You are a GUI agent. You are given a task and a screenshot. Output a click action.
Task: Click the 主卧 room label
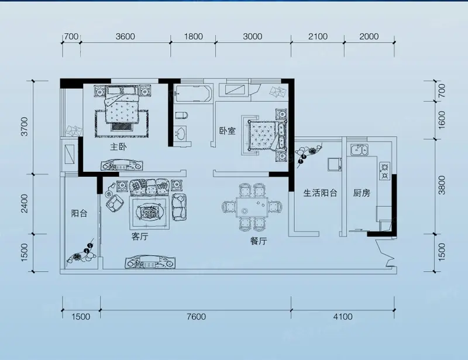(x=119, y=147)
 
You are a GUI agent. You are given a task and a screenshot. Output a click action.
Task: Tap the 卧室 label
(x=228, y=131)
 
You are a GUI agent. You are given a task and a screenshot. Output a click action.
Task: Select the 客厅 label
(x=140, y=237)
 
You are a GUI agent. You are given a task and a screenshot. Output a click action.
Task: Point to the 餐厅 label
(x=259, y=241)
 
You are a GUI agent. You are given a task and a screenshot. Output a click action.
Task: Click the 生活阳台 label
(x=320, y=193)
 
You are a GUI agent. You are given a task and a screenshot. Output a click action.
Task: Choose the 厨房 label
(x=362, y=193)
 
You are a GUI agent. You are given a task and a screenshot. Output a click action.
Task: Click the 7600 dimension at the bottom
(x=196, y=316)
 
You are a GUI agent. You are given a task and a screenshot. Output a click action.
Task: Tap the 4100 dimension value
(x=343, y=316)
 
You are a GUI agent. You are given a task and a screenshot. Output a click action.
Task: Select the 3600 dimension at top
(x=125, y=36)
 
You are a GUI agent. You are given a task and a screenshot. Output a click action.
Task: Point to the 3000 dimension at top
(x=253, y=36)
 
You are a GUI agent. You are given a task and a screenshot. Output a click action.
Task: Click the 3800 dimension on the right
(x=442, y=185)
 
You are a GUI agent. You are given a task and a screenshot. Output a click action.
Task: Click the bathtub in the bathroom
(x=193, y=94)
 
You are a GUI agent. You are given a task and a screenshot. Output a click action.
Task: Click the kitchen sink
(x=359, y=150)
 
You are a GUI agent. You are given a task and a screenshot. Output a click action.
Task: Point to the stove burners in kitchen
(x=384, y=171)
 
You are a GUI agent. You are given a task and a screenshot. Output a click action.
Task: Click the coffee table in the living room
(x=150, y=212)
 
